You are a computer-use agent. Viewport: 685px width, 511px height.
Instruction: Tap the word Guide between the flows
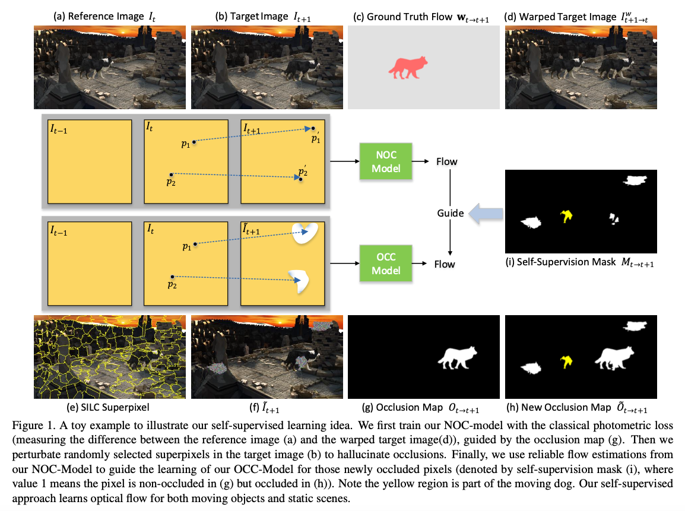451,213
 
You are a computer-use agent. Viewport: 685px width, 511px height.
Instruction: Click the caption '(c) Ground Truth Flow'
413,16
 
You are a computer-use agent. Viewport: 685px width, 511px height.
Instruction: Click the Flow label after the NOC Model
446,161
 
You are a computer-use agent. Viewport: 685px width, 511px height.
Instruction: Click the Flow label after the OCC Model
444,264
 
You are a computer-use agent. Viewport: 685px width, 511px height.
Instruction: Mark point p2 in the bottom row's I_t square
172,277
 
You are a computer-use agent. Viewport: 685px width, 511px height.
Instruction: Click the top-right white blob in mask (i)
635,180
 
